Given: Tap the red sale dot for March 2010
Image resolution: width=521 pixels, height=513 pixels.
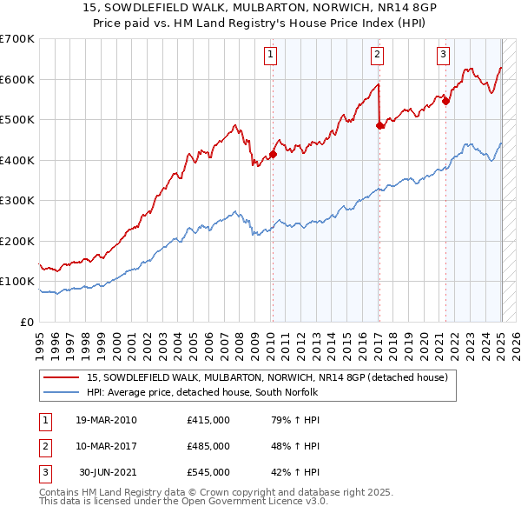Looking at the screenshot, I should [273, 155].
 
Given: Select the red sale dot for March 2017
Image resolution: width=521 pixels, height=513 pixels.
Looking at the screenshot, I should [379, 126].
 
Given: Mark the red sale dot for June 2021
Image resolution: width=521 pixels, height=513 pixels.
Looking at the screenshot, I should [446, 101].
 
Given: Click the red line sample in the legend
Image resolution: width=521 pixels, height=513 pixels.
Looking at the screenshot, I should [60, 377].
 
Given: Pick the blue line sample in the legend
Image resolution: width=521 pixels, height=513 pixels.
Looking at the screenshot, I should [60, 392].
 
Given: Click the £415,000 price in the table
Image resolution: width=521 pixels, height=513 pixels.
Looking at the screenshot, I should [208, 420].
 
